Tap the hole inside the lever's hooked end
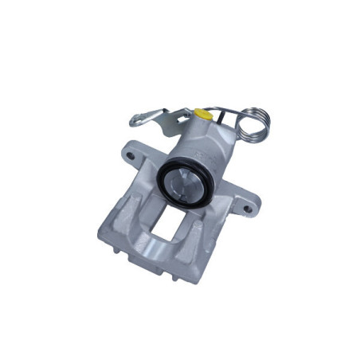click(x=138, y=120)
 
